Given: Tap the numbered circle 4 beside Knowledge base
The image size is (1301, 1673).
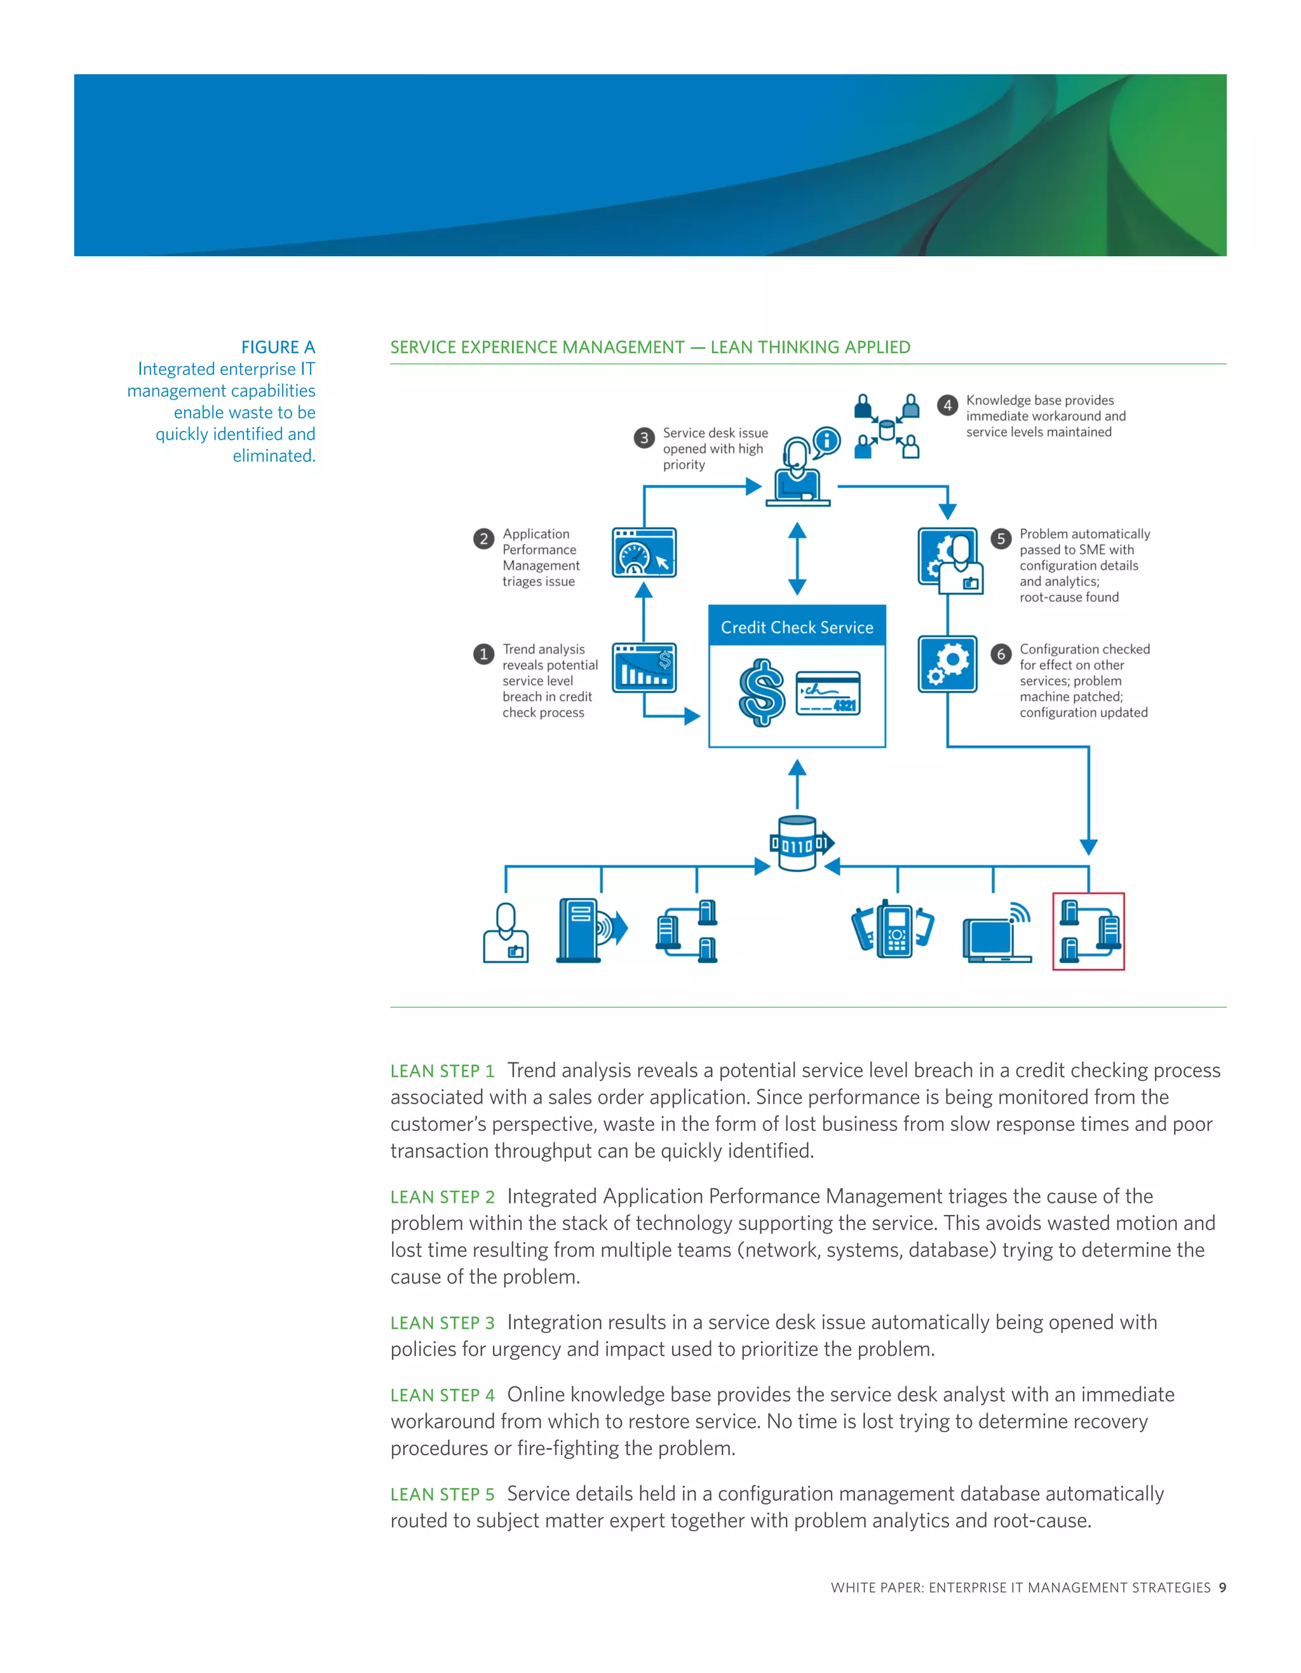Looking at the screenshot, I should pyautogui.click(x=947, y=405).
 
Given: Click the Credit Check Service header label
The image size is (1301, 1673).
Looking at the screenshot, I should pyautogui.click(x=797, y=627).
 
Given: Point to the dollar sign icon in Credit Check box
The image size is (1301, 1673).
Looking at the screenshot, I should pyautogui.click(x=761, y=693).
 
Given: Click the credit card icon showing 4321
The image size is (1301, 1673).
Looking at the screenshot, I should pyautogui.click(x=828, y=693).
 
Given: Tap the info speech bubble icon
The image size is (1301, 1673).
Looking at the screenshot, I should pyautogui.click(x=826, y=441).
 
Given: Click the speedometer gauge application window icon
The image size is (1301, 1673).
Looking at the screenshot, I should pyautogui.click(x=644, y=552).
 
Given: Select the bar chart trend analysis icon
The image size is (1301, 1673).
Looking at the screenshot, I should pyautogui.click(x=644, y=667).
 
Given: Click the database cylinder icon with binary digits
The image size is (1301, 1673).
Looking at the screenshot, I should pyautogui.click(x=798, y=843).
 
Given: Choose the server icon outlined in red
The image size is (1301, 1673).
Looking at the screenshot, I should pyautogui.click(x=1088, y=931).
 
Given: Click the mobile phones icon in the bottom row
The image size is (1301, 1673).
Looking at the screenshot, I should pyautogui.click(x=893, y=928).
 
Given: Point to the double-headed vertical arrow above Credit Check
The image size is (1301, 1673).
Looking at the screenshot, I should pyautogui.click(x=797, y=559).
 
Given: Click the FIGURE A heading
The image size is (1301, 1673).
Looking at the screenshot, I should pyautogui.click(x=278, y=347).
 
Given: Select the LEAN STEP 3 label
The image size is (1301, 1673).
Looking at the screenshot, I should pyautogui.click(x=442, y=1323).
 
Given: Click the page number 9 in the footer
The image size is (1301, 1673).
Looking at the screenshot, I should pyautogui.click(x=1223, y=1588).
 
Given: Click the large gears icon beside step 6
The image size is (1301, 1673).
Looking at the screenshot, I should pyautogui.click(x=947, y=664).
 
